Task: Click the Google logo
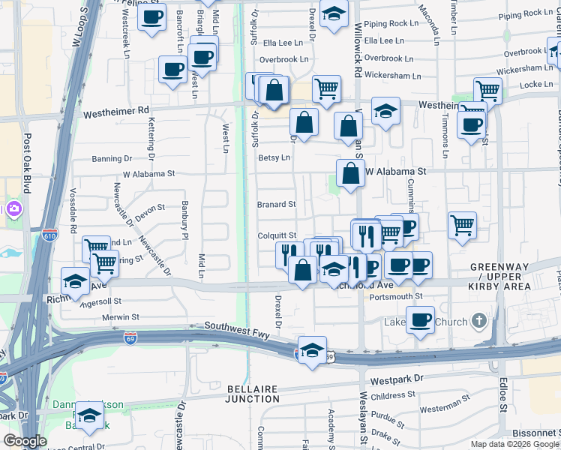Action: (x=25, y=441)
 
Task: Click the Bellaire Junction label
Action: (x=252, y=394)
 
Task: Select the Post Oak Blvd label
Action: (x=27, y=162)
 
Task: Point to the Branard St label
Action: (x=277, y=204)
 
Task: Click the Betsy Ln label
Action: (x=274, y=157)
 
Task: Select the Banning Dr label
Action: (x=112, y=159)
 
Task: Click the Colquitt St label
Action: (x=277, y=235)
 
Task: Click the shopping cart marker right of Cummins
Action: (x=462, y=224)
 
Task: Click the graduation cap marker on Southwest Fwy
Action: (x=312, y=349)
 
